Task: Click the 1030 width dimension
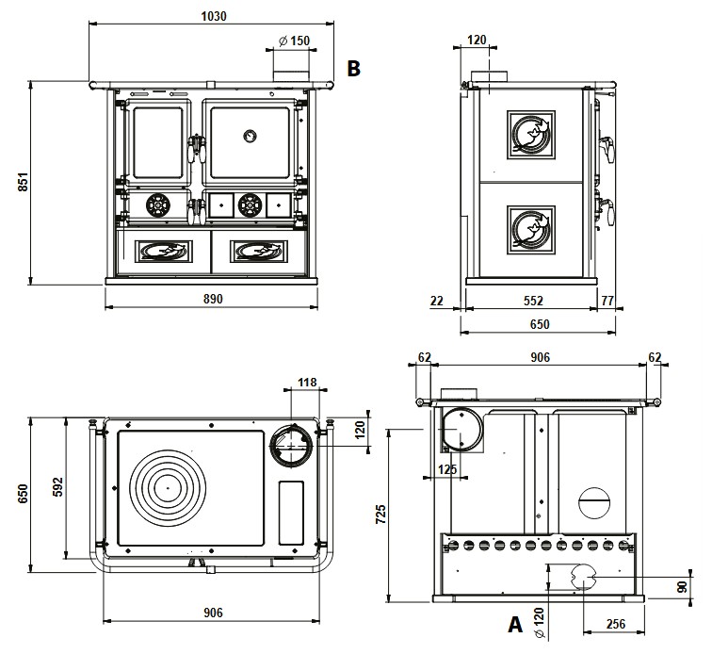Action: pos(214,16)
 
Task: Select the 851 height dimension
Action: pos(24,181)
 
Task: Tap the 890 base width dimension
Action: pos(213,299)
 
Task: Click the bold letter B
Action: pos(354,68)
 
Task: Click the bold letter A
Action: pos(515,625)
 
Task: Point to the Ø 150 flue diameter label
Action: pos(294,41)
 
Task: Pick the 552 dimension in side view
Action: pos(533,301)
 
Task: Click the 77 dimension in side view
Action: pos(607,301)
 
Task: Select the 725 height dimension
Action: pos(380,514)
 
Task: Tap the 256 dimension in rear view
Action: pos(616,624)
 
